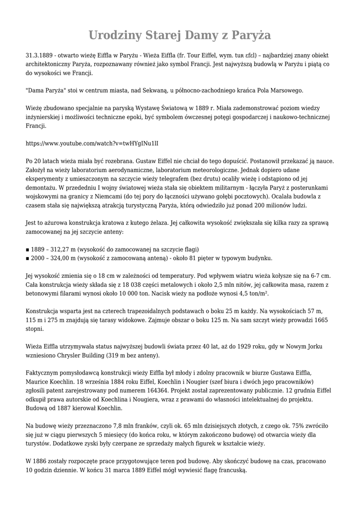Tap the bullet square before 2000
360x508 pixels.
[x=27, y=258]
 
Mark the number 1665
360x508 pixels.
[x=318, y=319]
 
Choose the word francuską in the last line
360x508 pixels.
[x=230, y=470]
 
